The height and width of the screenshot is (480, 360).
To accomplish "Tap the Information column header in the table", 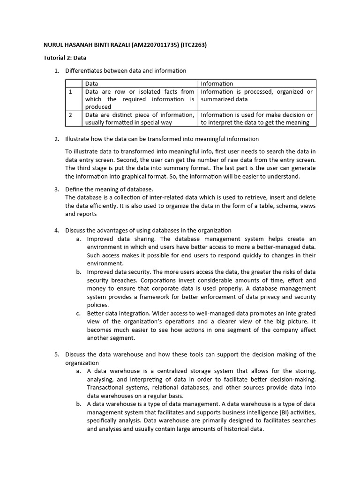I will click(217, 83).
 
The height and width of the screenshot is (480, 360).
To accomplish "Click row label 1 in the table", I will click(70, 92).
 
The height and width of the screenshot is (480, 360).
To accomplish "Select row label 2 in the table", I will click(70, 115).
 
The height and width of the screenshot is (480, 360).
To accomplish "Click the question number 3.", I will click(56, 189).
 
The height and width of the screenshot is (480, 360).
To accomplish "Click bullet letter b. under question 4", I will click(79, 272).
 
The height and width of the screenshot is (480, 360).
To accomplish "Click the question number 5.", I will click(56, 354).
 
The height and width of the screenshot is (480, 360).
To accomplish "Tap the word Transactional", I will click(106, 388).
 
